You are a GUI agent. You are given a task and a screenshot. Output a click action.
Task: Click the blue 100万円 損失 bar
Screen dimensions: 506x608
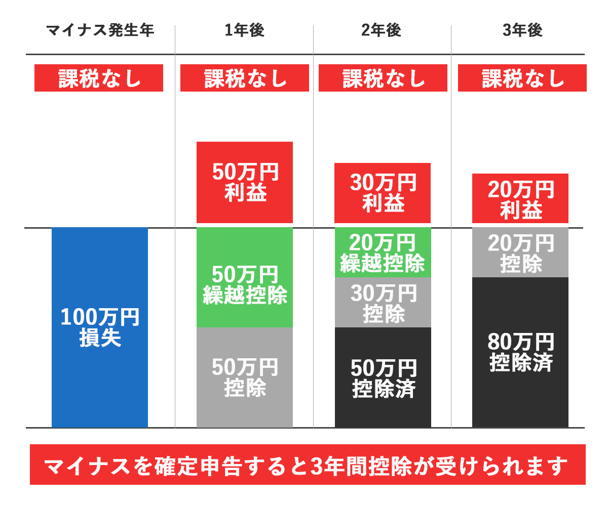(x=100, y=327)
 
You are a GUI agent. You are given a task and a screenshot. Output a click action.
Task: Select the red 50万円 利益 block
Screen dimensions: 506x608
(x=245, y=182)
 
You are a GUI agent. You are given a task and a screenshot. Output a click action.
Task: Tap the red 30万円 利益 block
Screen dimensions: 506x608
(x=383, y=193)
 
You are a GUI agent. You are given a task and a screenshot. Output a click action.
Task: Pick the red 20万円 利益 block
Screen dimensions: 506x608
(x=520, y=198)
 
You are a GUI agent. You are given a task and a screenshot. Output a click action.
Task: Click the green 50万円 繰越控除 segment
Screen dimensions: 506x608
(x=245, y=277)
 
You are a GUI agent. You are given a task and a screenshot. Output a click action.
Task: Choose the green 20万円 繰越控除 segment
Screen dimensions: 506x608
(x=383, y=252)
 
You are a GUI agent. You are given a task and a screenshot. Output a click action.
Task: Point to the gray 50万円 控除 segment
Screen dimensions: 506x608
(x=245, y=377)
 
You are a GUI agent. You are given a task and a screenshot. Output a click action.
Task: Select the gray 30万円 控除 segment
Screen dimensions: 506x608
(x=383, y=302)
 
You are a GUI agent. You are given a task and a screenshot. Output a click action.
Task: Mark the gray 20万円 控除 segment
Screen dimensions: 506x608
(x=520, y=252)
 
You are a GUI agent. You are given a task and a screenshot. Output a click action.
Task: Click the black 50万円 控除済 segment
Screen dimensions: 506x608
(x=383, y=377)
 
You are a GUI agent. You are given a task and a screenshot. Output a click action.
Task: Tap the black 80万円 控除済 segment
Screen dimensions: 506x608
(x=520, y=352)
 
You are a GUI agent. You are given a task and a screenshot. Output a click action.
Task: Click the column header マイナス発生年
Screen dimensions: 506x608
(x=100, y=31)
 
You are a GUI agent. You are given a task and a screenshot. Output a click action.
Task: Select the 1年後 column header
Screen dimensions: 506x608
(x=245, y=31)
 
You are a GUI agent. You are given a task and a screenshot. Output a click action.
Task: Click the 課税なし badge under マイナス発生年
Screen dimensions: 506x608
(x=99, y=78)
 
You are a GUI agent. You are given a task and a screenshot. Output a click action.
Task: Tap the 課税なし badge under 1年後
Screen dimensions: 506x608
(x=245, y=78)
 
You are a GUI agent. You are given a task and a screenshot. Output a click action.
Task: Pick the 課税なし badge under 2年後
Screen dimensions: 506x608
(x=383, y=78)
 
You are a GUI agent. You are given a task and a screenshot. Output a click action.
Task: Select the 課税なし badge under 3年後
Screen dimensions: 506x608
(x=522, y=78)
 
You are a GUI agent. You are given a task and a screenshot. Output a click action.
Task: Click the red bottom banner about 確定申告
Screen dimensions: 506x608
(x=308, y=465)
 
